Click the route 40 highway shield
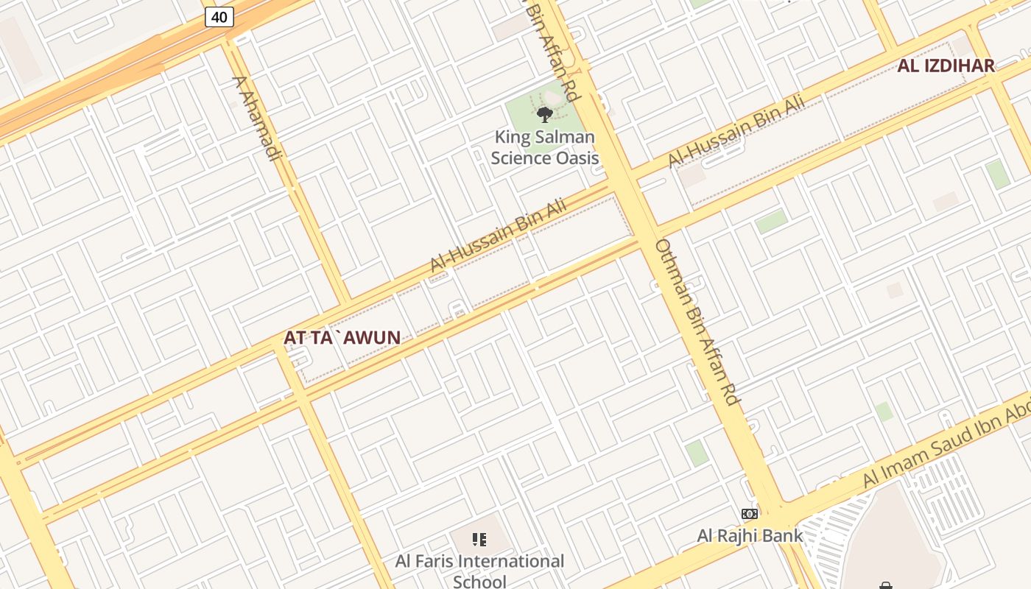(219, 16)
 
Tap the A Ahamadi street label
(257, 118)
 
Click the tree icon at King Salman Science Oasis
(545, 114)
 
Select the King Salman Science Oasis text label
(544, 147)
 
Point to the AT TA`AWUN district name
(342, 338)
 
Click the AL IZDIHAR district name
(946, 66)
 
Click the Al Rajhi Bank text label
(750, 535)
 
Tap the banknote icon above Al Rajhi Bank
(750, 513)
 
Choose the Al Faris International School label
(479, 571)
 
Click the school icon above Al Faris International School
(479, 540)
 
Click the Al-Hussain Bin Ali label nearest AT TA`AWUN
(499, 235)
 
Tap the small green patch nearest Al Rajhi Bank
(696, 453)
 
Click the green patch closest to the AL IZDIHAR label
(998, 174)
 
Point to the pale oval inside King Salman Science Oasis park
(552, 98)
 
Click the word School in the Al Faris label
(479, 581)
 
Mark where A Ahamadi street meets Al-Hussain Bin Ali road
(343, 302)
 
